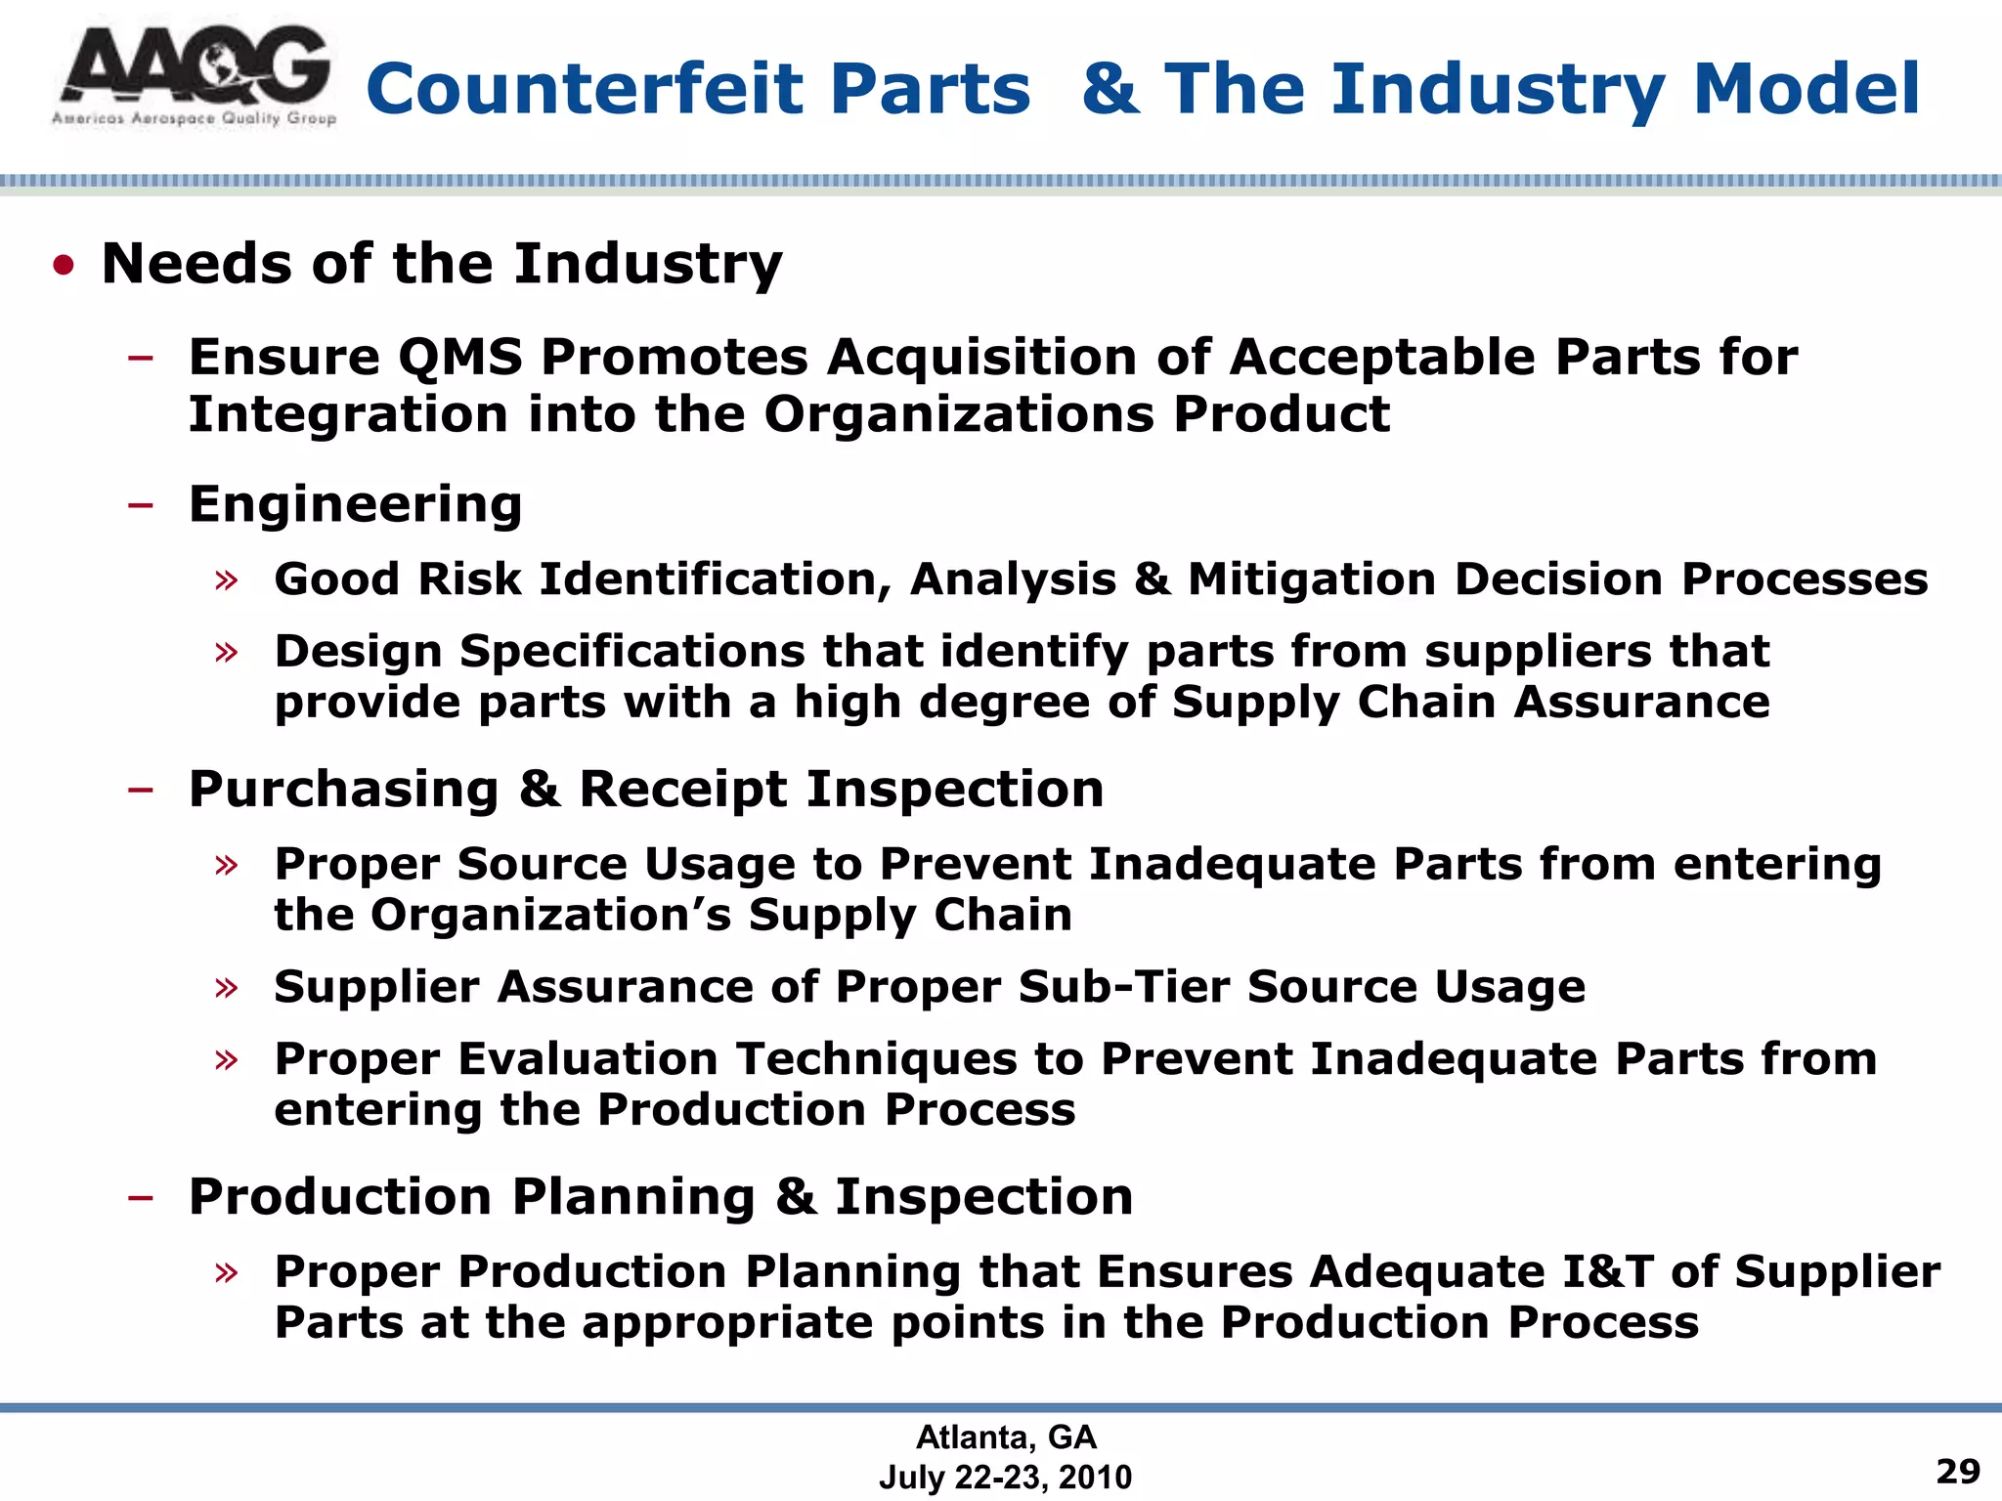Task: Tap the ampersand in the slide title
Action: [1111, 89]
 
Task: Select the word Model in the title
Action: [1806, 89]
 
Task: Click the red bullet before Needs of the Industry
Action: [65, 265]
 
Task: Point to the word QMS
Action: [460, 357]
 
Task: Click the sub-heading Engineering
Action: [355, 504]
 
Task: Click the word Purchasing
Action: [343, 789]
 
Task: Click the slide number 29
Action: [1958, 1471]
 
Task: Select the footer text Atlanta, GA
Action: [1006, 1437]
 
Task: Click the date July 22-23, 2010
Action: [1005, 1477]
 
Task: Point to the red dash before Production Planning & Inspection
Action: [141, 1197]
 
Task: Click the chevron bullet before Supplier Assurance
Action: [227, 987]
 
